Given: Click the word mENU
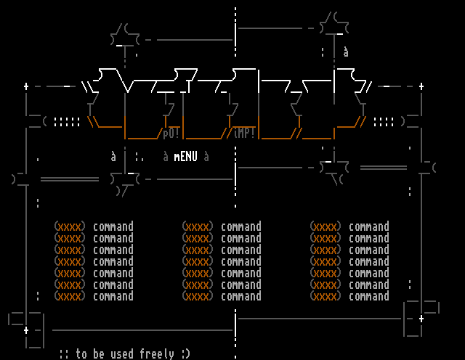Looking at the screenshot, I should point(186,156).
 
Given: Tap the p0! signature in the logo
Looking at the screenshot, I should point(171,133).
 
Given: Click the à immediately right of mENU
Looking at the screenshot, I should point(206,156).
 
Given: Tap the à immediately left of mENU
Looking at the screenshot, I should point(166,156).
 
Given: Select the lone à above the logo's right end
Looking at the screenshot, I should point(346,52).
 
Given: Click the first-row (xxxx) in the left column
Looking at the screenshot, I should point(70,226).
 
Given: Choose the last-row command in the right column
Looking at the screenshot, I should point(369,296).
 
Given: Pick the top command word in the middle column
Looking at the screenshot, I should point(241,226).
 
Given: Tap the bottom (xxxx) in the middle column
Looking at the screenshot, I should point(198,296).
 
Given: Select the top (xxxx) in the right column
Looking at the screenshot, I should point(325,226).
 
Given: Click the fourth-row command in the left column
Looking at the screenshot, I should point(113,261).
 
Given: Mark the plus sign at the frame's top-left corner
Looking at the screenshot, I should point(26,86).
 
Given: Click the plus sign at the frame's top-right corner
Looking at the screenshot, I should point(421,86).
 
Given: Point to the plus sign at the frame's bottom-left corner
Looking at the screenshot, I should point(26,330).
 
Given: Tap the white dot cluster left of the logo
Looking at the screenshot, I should point(67,122).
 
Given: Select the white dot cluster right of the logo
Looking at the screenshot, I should point(384,122).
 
